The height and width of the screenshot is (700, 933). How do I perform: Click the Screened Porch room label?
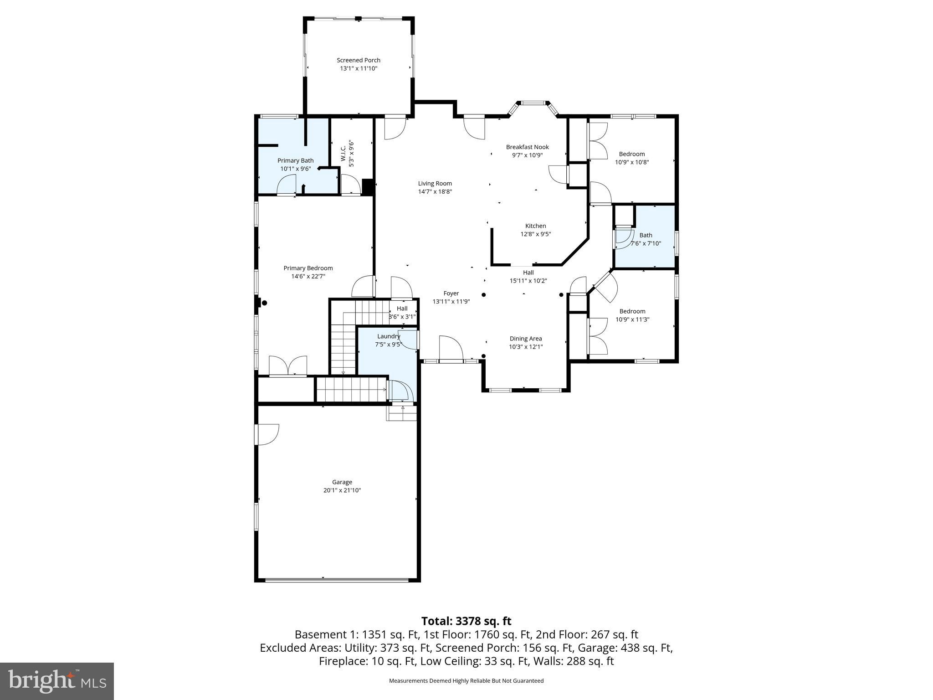pos(358,60)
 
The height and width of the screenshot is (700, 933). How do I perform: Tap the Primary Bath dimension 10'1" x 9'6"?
pos(295,169)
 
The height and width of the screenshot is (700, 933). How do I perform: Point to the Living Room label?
pos(435,184)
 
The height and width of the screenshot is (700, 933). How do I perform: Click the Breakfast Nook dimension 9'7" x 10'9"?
pos(527,155)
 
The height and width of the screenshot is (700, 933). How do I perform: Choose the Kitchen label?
pos(535,226)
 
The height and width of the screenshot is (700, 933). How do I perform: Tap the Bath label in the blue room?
pos(646,235)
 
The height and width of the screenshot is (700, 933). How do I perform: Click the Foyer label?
pos(451,293)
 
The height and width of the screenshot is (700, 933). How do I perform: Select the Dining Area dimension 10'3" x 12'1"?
pos(526,347)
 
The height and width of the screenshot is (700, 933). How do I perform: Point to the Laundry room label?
pos(388,336)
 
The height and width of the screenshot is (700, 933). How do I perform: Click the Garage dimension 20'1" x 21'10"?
pos(342,490)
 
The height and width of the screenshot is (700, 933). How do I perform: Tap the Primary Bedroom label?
pos(308,268)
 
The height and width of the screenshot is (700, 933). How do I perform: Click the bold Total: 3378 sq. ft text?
pos(466,621)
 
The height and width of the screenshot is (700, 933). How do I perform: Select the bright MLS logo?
pos(57,681)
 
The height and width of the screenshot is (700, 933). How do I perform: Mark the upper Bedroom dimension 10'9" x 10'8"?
pos(631,162)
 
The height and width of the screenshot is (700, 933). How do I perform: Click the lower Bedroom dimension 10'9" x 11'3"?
pos(632,319)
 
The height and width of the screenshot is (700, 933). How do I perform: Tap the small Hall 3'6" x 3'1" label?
pos(402,313)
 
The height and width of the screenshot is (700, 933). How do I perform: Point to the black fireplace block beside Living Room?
pos(368,187)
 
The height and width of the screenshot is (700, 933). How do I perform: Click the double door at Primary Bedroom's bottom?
pos(288,366)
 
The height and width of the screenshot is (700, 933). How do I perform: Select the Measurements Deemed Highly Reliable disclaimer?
pos(466,681)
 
